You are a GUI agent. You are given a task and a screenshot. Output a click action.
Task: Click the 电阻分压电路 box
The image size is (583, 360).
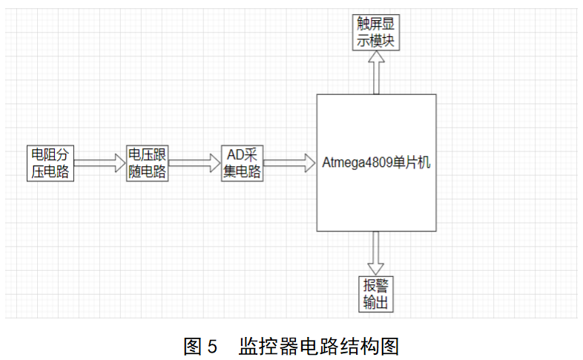click(50, 163)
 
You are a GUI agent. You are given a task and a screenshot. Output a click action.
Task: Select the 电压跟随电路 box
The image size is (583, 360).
click(147, 163)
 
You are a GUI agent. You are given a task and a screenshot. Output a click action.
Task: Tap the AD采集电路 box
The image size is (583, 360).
click(243, 163)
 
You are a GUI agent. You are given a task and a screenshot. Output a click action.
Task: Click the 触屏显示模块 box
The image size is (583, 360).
click(376, 33)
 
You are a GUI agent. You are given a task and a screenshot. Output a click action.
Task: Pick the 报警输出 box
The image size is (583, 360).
click(376, 294)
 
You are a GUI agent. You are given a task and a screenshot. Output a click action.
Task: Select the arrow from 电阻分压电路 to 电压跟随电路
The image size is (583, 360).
click(99, 163)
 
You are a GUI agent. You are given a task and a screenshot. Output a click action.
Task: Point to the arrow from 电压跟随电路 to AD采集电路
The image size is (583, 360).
click(195, 163)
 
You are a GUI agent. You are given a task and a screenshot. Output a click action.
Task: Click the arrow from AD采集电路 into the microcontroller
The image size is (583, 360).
click(289, 163)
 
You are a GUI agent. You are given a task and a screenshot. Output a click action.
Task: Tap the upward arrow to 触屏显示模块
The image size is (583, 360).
click(376, 73)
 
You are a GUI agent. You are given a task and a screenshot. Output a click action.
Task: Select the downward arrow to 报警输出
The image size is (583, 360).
click(376, 252)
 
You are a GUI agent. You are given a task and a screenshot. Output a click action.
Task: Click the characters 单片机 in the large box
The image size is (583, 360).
click(410, 163)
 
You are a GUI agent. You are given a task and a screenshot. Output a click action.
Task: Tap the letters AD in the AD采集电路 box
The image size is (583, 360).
click(234, 155)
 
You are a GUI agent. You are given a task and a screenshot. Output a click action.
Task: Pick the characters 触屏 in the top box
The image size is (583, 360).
click(368, 25)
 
